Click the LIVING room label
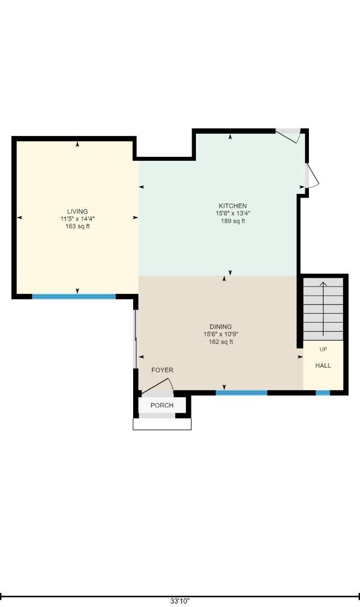pyautogui.click(x=78, y=211)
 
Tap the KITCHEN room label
pyautogui.click(x=233, y=206)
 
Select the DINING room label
pyautogui.click(x=221, y=327)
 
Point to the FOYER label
pyautogui.click(x=162, y=370)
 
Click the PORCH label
pyautogui.click(x=162, y=405)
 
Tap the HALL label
pyautogui.click(x=323, y=365)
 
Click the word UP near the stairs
pyautogui.click(x=323, y=350)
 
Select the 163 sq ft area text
pyautogui.click(x=78, y=227)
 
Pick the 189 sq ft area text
pyautogui.click(x=233, y=221)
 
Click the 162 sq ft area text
pyautogui.click(x=221, y=342)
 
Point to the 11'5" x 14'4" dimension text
pyautogui.click(x=78, y=219)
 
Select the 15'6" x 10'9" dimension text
pyautogui.click(x=221, y=334)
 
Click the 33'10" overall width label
pyautogui.click(x=180, y=601)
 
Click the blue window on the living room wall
pyautogui.click(x=74, y=297)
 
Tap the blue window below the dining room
pyautogui.click(x=241, y=393)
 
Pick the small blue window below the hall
pyautogui.click(x=323, y=393)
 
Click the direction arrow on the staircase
pyautogui.click(x=323, y=309)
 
